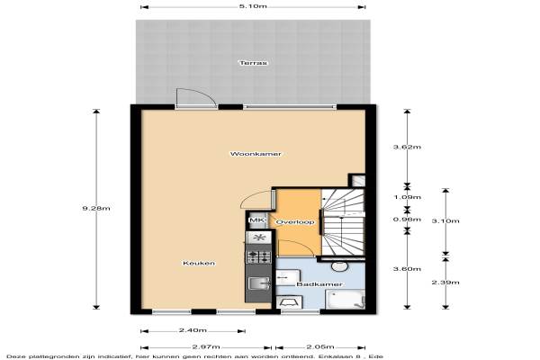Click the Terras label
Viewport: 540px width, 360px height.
click(x=253, y=63)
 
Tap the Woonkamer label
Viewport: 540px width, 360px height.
click(x=256, y=154)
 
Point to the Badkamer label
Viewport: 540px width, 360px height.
click(x=319, y=284)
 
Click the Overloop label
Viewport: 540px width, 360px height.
click(x=295, y=222)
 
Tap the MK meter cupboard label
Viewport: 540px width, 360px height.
click(x=256, y=220)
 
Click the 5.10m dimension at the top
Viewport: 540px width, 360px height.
click(x=253, y=6)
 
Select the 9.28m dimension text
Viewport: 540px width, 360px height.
click(x=96, y=208)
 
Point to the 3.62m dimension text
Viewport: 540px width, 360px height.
click(x=407, y=147)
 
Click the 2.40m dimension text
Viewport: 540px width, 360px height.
click(x=193, y=330)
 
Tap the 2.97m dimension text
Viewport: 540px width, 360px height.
click(x=206, y=346)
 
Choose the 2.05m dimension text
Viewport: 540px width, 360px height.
click(x=320, y=346)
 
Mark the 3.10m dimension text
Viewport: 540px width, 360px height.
click(x=445, y=220)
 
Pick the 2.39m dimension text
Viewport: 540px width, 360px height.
click(x=445, y=283)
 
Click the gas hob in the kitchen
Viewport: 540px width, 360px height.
click(x=258, y=256)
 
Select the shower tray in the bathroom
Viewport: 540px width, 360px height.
click(x=345, y=300)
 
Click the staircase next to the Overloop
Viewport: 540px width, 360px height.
click(x=343, y=222)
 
